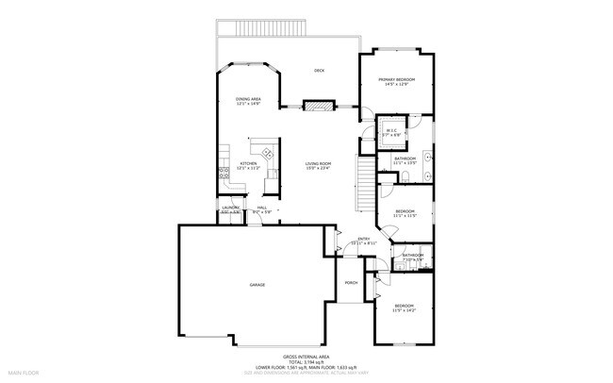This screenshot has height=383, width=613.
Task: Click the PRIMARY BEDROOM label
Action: coord(397,80)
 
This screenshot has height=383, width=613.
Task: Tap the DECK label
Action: coord(320,71)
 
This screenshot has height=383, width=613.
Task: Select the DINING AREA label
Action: coord(248,99)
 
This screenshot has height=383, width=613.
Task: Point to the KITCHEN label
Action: coord(249,164)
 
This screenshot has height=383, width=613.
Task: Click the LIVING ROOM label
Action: coord(317,164)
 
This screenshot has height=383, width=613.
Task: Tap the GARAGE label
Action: coord(257,284)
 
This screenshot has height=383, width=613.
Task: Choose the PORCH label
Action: coord(350,282)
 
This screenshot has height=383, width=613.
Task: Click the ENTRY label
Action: coord(363,240)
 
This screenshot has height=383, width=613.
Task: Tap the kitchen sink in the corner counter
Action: coord(267,153)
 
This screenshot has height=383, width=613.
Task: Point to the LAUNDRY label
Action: coord(231,208)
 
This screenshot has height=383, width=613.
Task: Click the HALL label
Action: coord(262,208)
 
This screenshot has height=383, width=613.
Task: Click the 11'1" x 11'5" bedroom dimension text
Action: coord(405,215)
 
